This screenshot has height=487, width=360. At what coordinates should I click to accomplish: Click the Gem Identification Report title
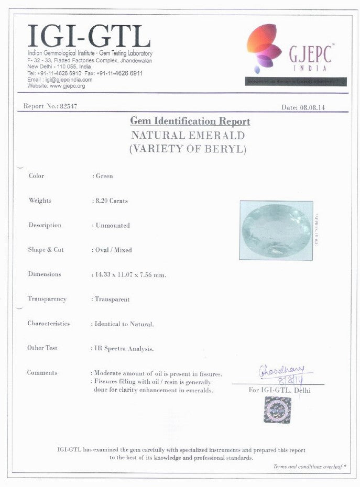click(x=190, y=121)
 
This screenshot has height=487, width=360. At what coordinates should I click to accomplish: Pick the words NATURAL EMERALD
click(x=188, y=135)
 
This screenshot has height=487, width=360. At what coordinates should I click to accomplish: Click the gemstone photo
click(x=276, y=230)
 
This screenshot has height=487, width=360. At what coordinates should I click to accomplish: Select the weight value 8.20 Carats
click(x=112, y=201)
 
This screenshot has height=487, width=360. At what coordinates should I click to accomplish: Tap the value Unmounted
click(x=112, y=225)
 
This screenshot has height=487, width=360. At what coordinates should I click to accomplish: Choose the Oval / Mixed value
click(x=113, y=250)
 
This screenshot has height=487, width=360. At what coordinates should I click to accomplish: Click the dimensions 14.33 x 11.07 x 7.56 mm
click(x=130, y=274)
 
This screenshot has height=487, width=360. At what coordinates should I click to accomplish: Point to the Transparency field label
click(x=47, y=299)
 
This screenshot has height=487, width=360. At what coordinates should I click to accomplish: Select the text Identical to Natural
click(x=125, y=324)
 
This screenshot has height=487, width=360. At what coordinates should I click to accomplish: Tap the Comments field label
click(x=42, y=373)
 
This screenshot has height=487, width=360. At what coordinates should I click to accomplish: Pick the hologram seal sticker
click(x=277, y=409)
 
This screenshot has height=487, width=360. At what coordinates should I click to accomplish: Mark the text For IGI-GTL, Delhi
click(x=279, y=390)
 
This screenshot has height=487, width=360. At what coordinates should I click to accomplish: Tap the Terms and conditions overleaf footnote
click(x=310, y=466)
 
